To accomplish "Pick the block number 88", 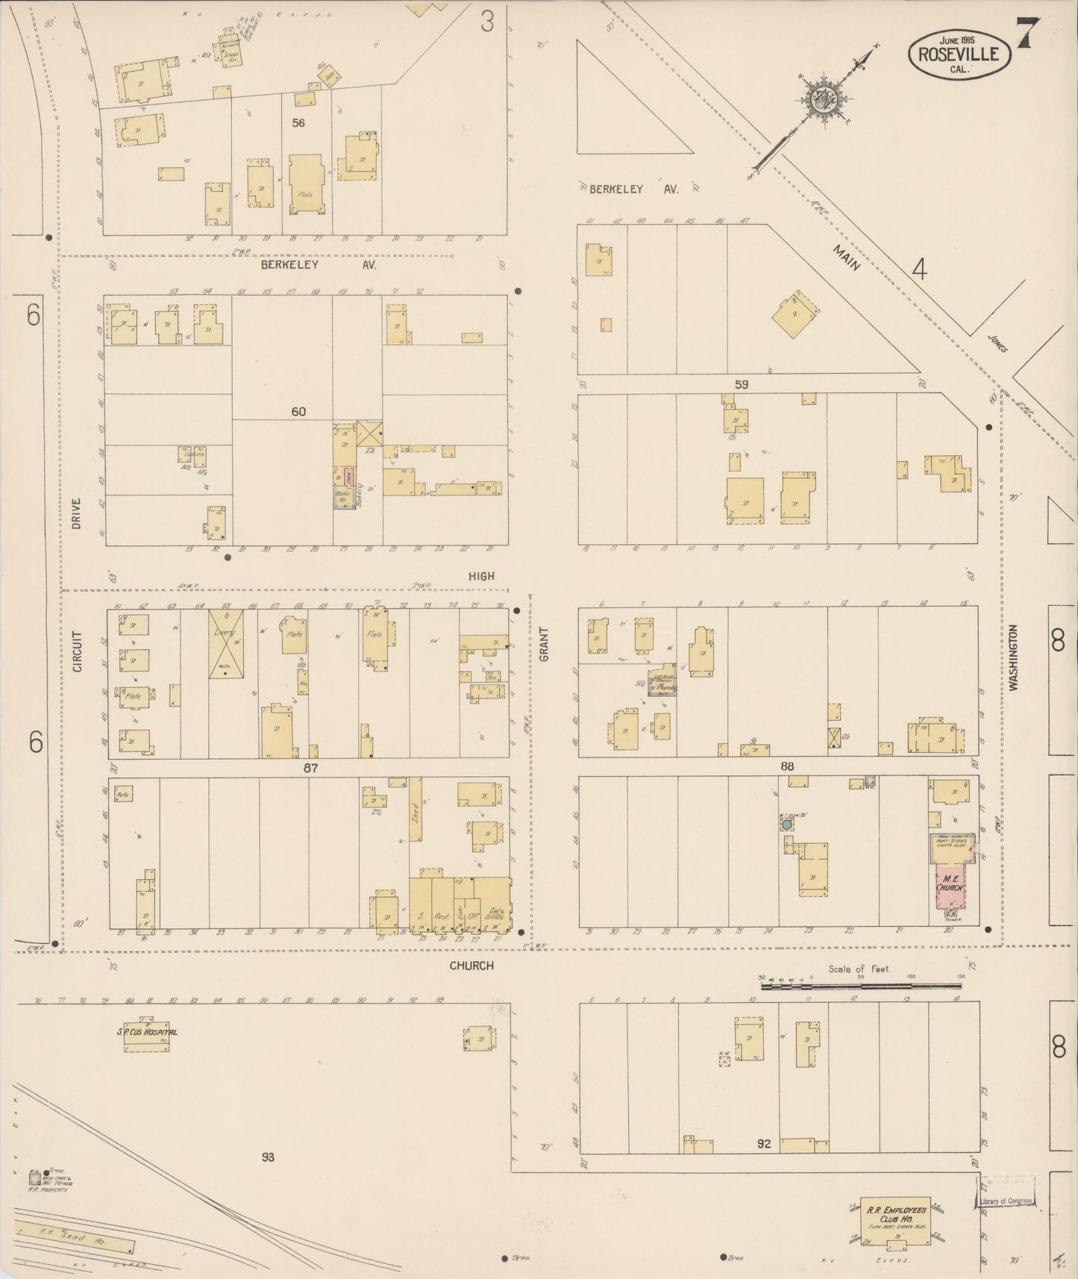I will click(787, 766).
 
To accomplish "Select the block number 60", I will click(298, 411).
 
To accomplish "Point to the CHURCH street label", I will click(471, 966).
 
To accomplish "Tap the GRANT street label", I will click(543, 644).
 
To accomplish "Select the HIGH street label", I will click(481, 576).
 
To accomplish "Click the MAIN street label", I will click(848, 254).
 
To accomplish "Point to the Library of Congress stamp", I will click(1006, 1201).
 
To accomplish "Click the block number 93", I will click(269, 1157).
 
